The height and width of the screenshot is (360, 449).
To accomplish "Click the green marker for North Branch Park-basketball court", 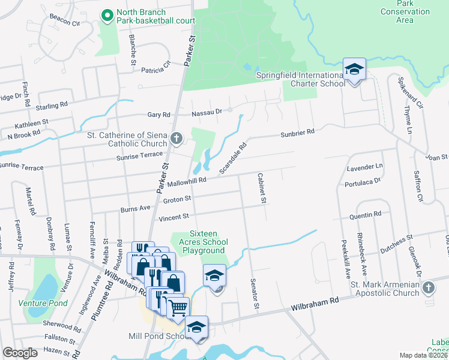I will pyautogui.click(x=107, y=16).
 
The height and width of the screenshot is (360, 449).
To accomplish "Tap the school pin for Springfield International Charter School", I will pyautogui.click(x=354, y=71).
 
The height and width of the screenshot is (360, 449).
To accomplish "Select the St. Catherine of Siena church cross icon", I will pyautogui.click(x=176, y=139).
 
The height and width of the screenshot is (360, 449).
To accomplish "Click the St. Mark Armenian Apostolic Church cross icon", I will pyautogui.click(x=428, y=289).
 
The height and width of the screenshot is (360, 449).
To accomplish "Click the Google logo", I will pyautogui.click(x=20, y=352).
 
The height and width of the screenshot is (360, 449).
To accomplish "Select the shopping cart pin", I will pyautogui.click(x=177, y=308).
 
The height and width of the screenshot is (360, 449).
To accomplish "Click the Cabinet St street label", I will pyautogui.click(x=261, y=188).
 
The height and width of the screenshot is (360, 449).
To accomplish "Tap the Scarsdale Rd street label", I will pyautogui.click(x=233, y=158).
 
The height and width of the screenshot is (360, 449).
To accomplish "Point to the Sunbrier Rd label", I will pyautogui.click(x=297, y=132).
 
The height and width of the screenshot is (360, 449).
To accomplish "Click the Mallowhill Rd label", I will pyautogui.click(x=187, y=179).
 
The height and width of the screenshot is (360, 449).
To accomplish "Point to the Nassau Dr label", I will pyautogui.click(x=207, y=111).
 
